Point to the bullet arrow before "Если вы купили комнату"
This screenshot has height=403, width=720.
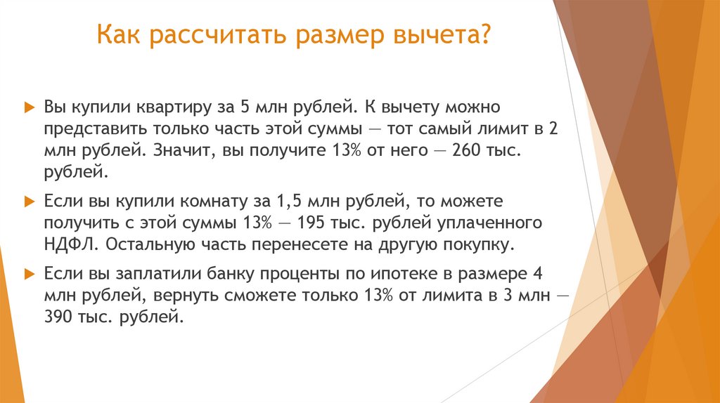coord(29,202)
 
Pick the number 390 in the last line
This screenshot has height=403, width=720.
coord(58,317)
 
